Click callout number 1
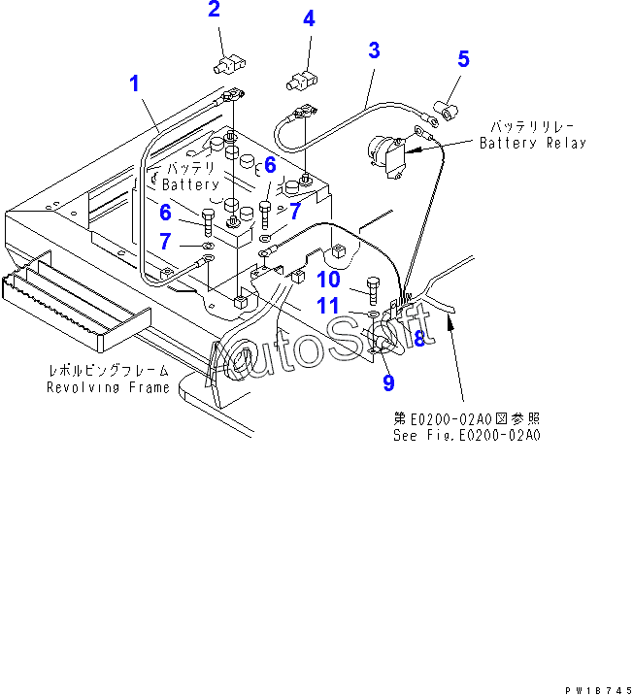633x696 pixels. click(135, 83)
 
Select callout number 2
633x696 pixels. click(214, 10)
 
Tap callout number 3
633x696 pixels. click(374, 50)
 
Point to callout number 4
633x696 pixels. click(309, 17)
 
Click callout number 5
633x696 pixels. click(463, 59)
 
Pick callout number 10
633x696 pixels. click(327, 280)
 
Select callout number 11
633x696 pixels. click(327, 306)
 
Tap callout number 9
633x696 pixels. click(387, 382)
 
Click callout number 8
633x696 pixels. click(419, 339)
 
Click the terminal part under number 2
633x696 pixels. click(228, 65)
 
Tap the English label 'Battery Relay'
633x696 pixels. click(533, 143)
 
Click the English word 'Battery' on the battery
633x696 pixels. click(191, 184)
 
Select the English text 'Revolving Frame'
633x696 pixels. click(109, 387)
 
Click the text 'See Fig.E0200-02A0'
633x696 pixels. click(466, 435)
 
